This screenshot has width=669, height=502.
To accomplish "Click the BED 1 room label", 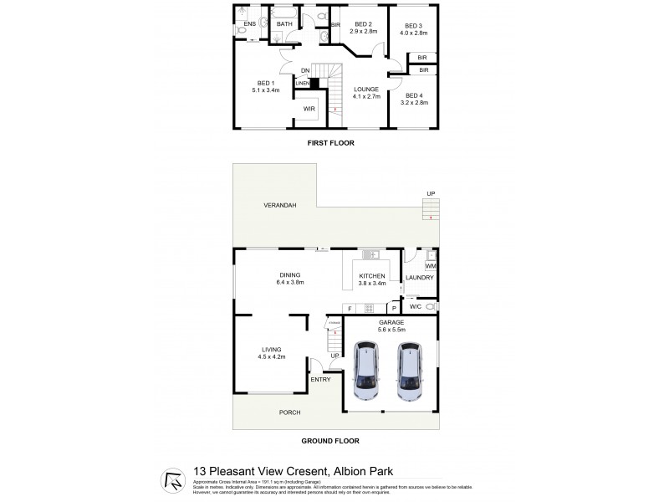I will (x=264, y=85).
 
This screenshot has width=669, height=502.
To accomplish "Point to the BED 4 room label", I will (x=416, y=97).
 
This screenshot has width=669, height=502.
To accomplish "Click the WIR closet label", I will (x=309, y=109).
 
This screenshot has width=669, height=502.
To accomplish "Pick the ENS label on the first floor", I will (x=248, y=23).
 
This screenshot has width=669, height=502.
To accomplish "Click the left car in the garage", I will (x=367, y=371).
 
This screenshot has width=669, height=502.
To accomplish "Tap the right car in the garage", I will (x=410, y=371).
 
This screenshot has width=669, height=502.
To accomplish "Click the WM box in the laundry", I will (x=430, y=265).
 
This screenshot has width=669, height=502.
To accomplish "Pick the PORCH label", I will (x=289, y=412).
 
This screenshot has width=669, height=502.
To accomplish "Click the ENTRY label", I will (x=320, y=380).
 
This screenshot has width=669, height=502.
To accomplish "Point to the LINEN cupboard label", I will (x=302, y=83).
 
